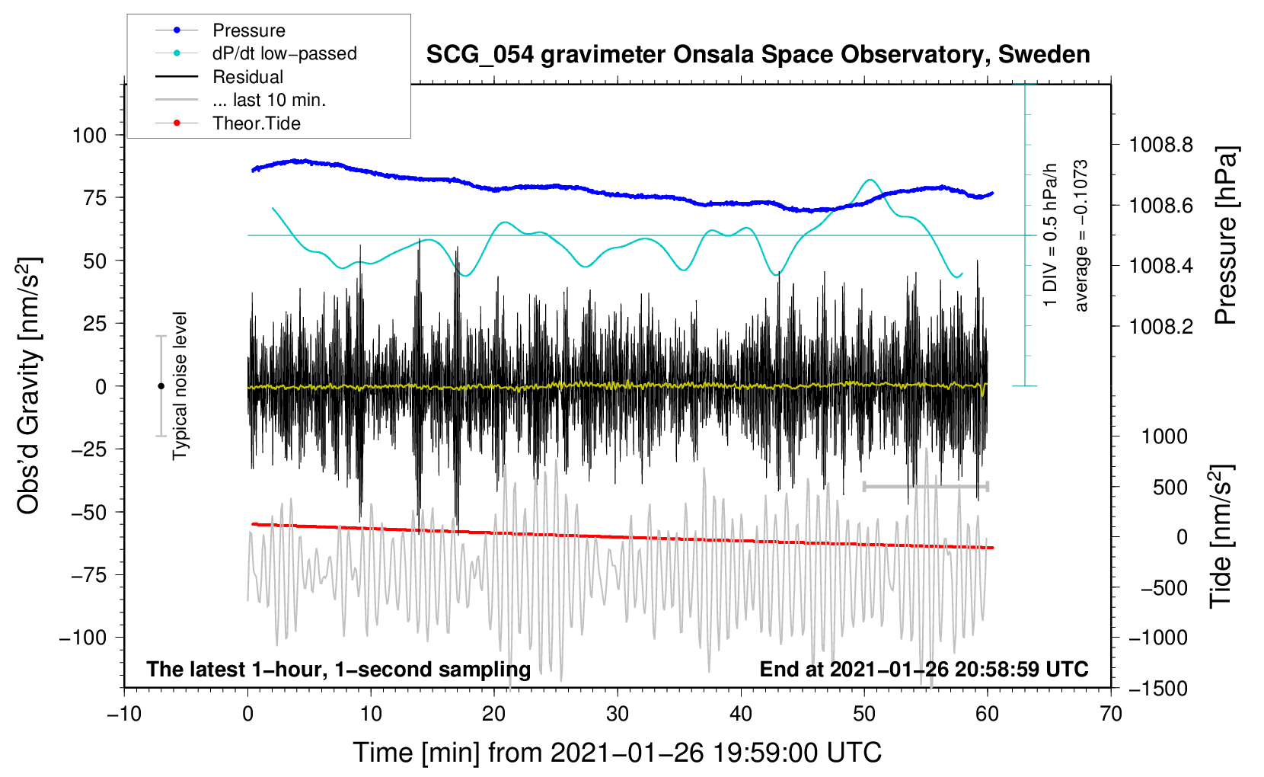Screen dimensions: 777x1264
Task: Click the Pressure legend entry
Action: coord(248,30)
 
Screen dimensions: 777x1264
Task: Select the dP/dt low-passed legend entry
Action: coord(284,53)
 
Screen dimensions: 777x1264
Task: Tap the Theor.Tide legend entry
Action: coord(256,123)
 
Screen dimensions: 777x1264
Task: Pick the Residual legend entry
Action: coord(247,77)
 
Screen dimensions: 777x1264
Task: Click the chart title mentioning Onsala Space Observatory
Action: coord(758,55)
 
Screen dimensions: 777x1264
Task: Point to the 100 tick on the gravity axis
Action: coord(89,136)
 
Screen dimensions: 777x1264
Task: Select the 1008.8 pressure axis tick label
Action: coord(1161,145)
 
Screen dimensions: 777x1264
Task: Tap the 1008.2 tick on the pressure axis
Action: coord(1161,327)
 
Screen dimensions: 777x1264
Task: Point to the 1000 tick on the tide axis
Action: coord(1164,436)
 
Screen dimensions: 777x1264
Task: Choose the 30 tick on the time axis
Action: coord(618,715)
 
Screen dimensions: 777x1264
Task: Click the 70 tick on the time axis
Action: coord(1111,715)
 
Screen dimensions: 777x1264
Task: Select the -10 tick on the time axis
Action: coord(124,715)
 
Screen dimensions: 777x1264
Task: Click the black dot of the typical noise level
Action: coord(161,386)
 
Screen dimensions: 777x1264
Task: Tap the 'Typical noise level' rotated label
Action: coord(180,385)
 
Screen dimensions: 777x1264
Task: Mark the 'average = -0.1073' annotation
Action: coord(1081,235)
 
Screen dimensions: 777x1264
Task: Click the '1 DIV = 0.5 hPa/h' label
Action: coord(1051,235)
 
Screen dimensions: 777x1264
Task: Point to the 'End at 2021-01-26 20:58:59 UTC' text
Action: coord(924,669)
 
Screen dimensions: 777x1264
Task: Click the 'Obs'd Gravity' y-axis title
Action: coord(28,385)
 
